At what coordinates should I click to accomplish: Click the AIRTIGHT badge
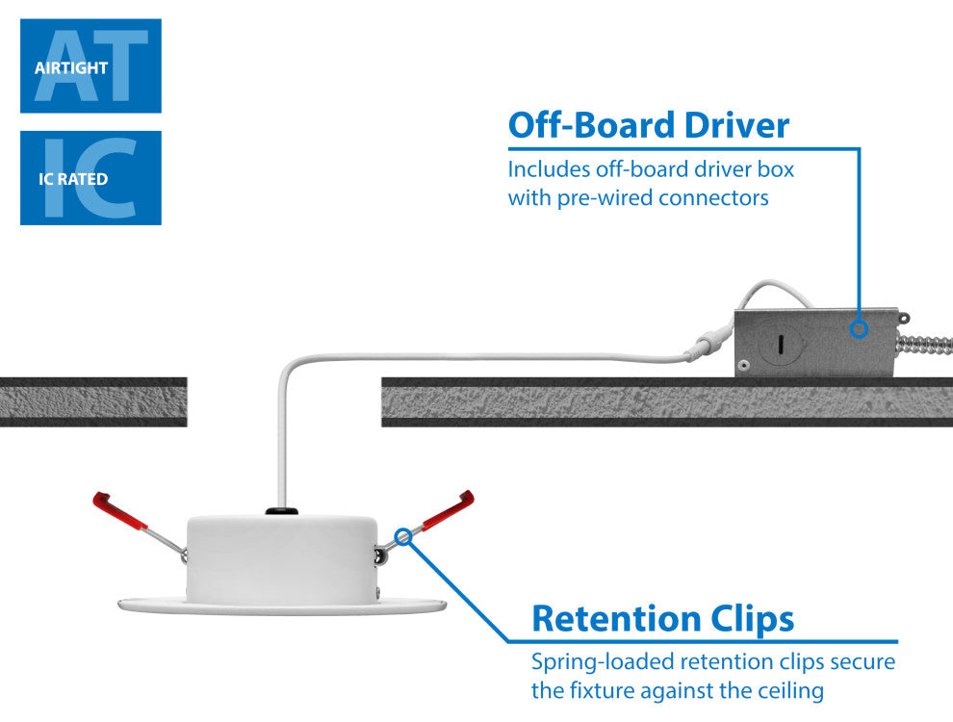click(90, 66)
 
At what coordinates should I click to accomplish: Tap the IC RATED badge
click(90, 178)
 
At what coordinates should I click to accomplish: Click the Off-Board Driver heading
click(649, 126)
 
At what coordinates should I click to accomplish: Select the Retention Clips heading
click(662, 618)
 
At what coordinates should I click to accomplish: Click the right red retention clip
click(449, 508)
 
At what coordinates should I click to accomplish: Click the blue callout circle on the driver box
click(860, 329)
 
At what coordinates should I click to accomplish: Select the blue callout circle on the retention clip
click(404, 535)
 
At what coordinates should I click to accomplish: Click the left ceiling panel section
click(92, 401)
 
